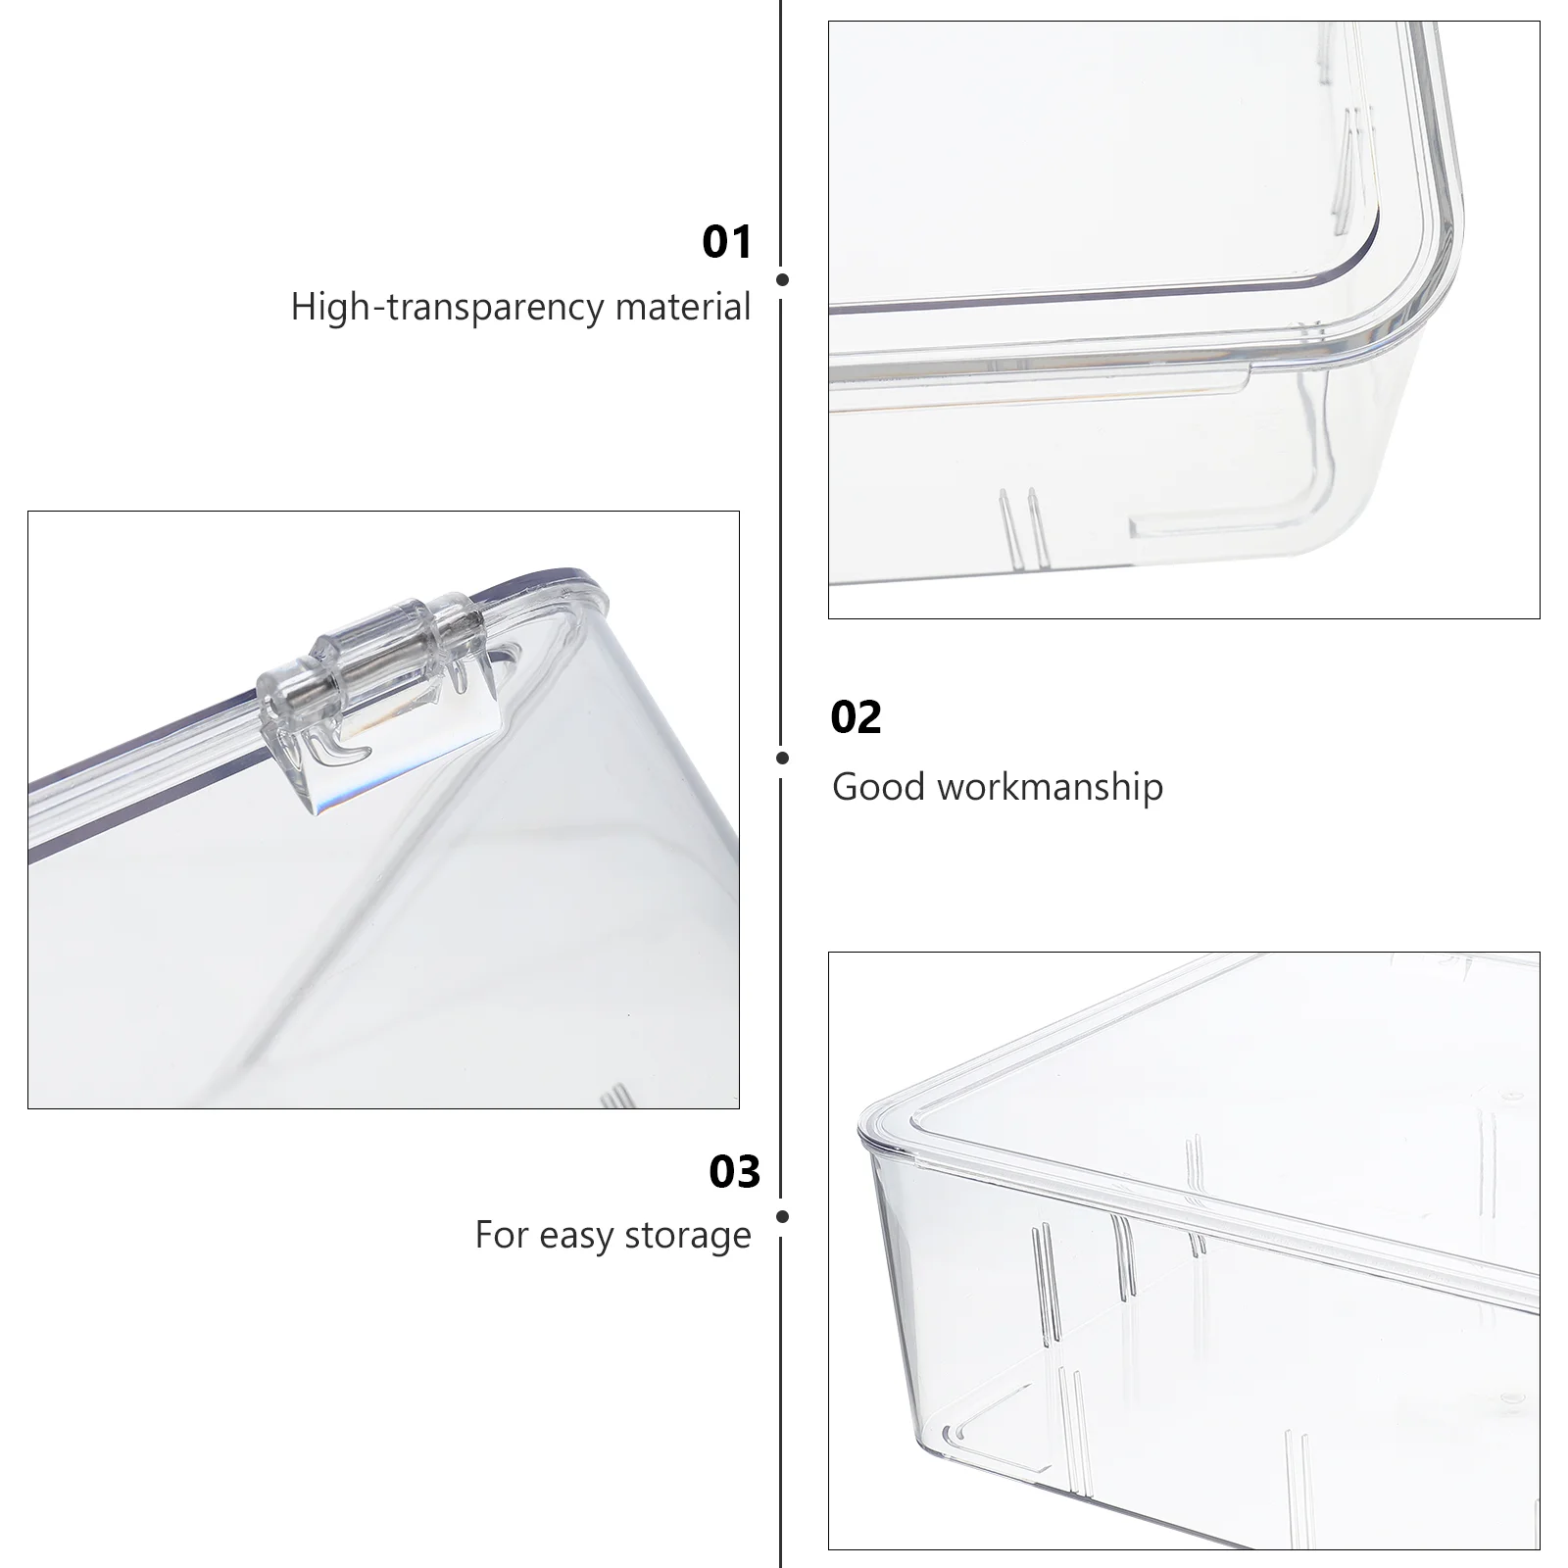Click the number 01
point(727,242)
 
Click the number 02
point(856,717)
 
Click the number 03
point(734,1172)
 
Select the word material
point(682,307)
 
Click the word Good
point(878,787)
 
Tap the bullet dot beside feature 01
point(782,279)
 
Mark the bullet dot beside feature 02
point(782,758)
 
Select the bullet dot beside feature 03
point(782,1216)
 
